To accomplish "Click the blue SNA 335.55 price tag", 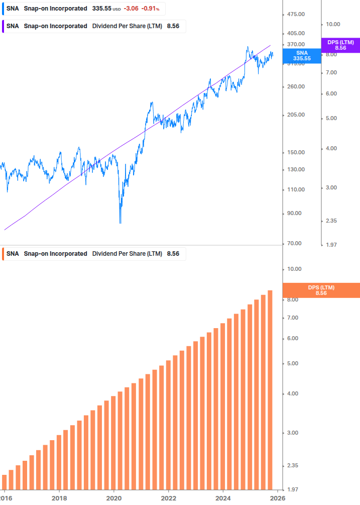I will click(302, 55).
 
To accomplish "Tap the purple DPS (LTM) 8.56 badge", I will click(340, 45).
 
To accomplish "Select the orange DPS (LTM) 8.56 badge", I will click(321, 290).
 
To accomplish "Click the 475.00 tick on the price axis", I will click(295, 14).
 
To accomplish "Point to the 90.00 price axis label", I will click(295, 213).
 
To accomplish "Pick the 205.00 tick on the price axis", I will click(295, 115).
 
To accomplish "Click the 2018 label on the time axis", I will click(59, 498).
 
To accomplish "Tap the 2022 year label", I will click(169, 498).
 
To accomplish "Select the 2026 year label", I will click(278, 498).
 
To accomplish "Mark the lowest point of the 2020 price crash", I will click(121, 223).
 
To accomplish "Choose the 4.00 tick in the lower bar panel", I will click(294, 393).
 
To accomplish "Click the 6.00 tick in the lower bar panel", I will click(294, 338).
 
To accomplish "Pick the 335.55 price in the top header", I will click(101, 9).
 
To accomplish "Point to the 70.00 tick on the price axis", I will click(295, 243).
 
